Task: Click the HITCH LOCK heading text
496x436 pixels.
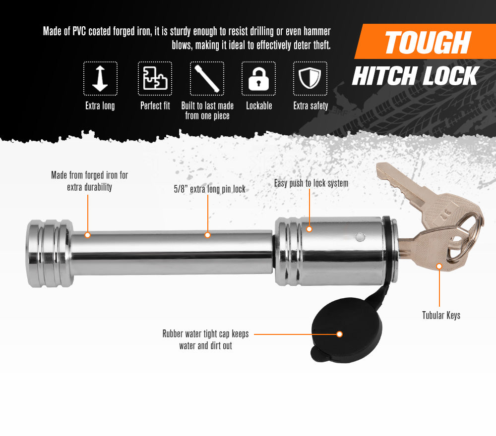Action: pos(416,76)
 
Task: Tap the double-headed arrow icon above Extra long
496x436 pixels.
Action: pos(100,79)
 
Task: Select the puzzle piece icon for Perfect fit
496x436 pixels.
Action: pos(155,78)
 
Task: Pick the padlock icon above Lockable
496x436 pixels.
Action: pos(258,79)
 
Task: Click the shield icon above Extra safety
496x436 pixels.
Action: pos(310,78)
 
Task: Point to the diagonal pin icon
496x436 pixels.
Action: pos(207,79)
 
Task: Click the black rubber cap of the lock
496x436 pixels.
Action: pos(347,328)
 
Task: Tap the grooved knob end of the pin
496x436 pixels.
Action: pos(50,253)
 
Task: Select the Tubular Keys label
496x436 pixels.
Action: pos(441,315)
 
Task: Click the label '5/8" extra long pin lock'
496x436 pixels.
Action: pos(209,189)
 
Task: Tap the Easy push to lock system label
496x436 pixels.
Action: pos(311,183)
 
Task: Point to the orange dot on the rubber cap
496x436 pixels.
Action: pos(339,334)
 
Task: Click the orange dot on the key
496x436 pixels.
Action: pos(439,267)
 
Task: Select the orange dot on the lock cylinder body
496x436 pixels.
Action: pos(310,229)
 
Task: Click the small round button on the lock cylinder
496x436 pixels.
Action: pos(360,237)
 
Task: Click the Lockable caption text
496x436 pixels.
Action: pos(259,106)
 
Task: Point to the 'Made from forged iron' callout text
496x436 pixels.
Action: pos(89,181)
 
